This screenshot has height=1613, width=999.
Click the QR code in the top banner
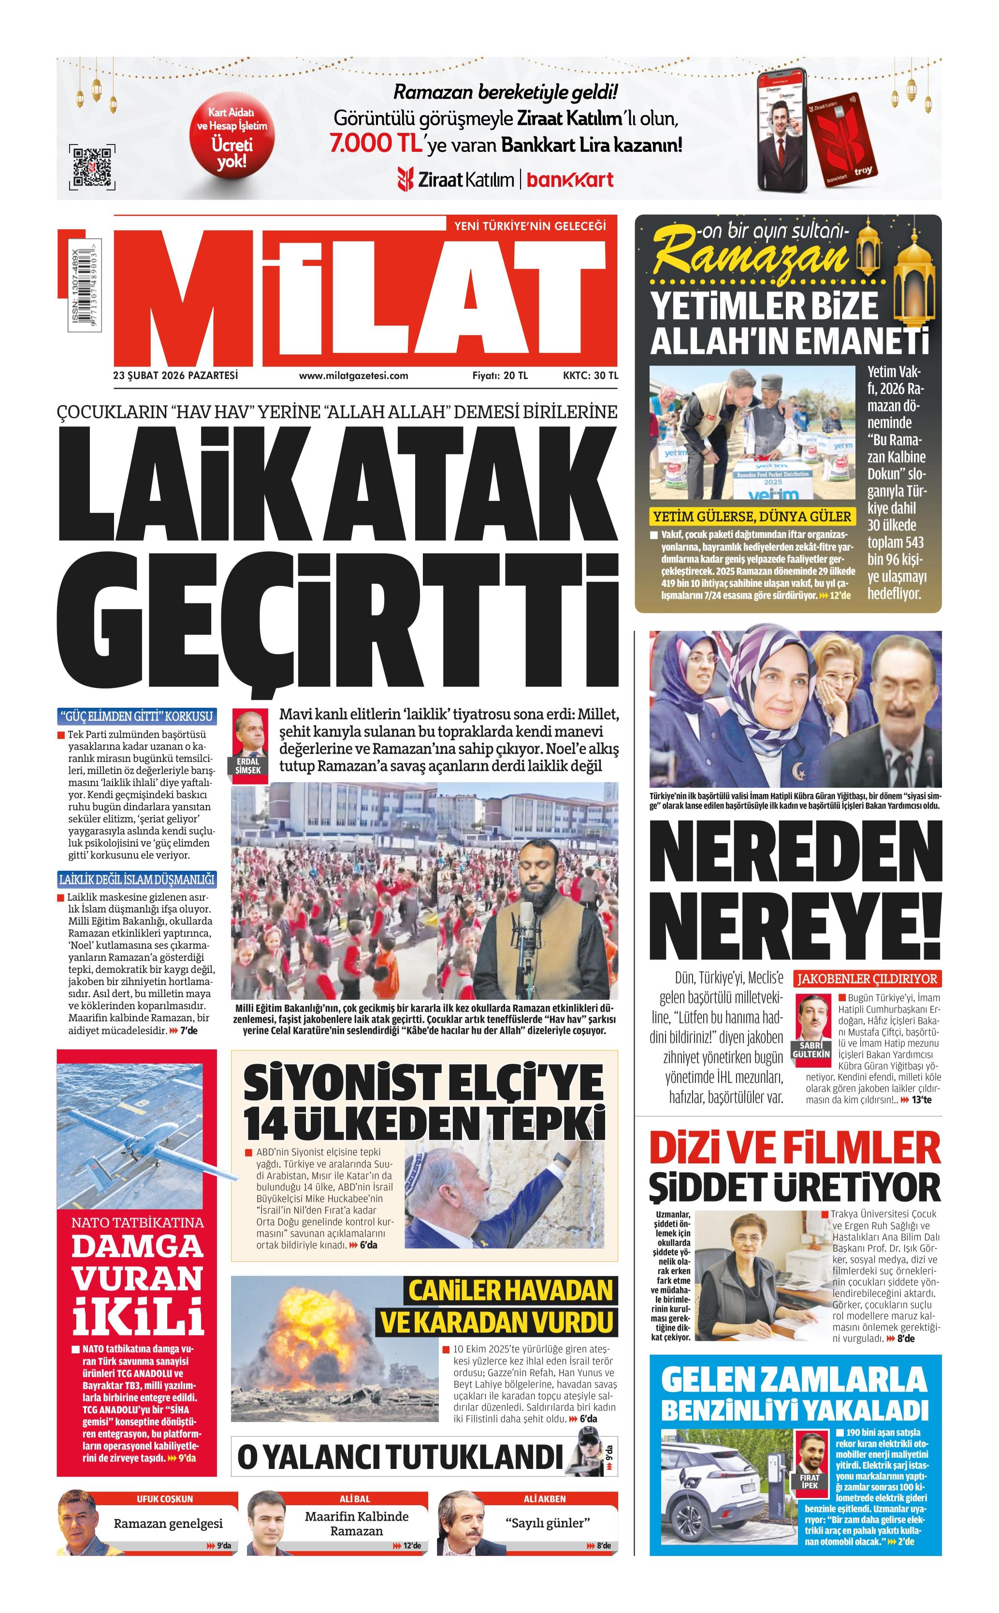click(92, 166)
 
